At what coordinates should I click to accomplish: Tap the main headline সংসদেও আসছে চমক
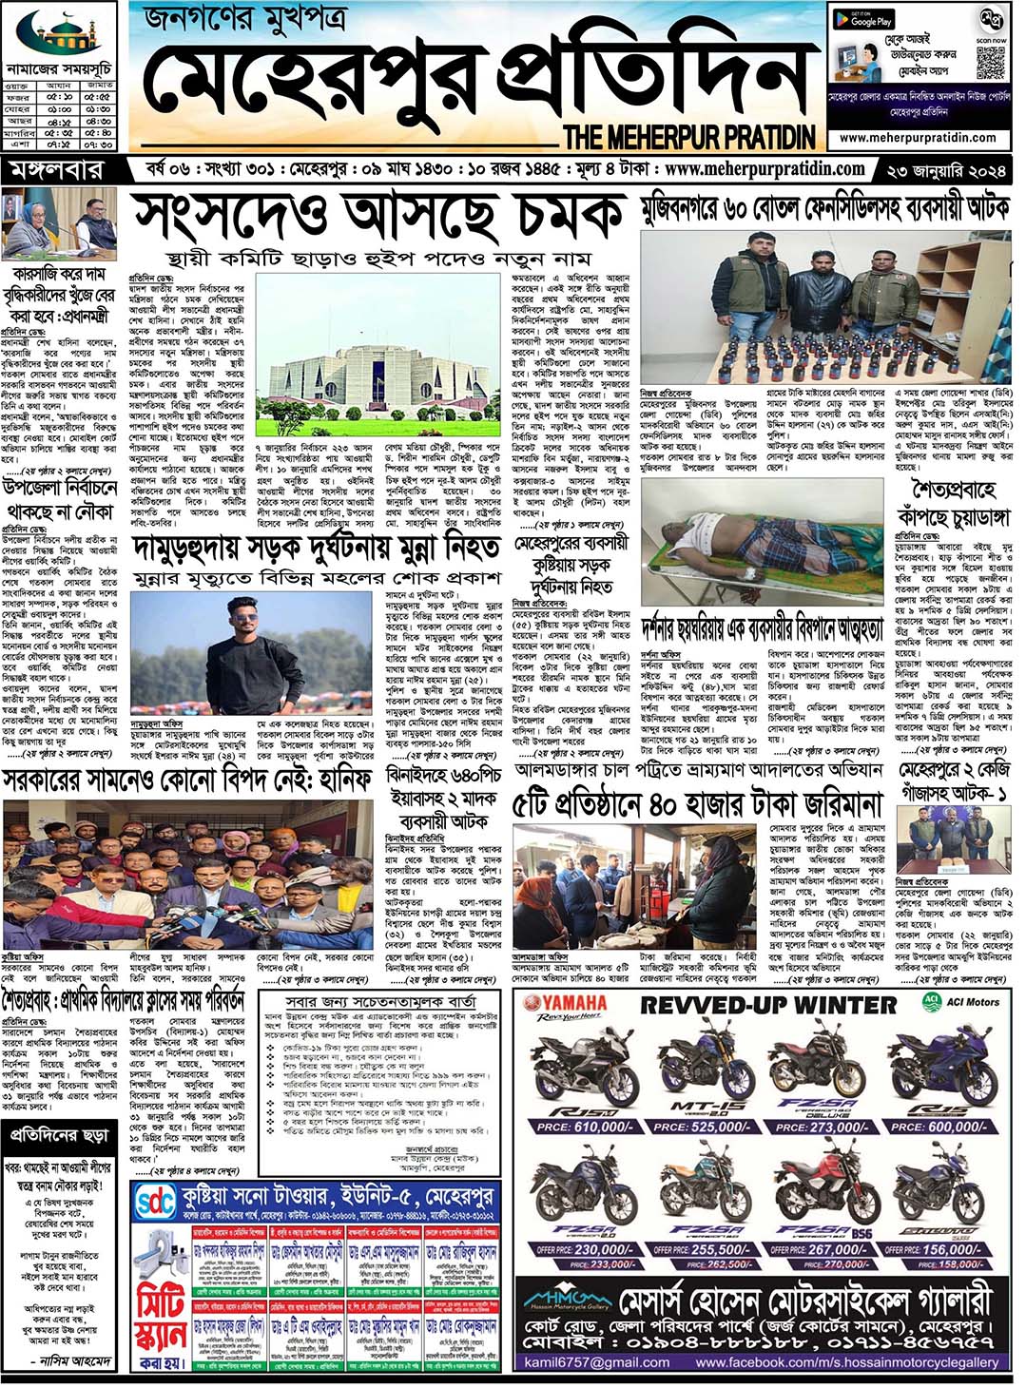click(380, 217)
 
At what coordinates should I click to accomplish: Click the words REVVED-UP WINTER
click(768, 1005)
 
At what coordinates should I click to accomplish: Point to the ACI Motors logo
click(961, 1001)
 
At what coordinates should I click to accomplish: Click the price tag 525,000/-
click(706, 1127)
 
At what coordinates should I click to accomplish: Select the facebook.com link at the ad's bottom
click(846, 1362)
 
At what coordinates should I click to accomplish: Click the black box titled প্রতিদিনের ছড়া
click(59, 1136)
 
